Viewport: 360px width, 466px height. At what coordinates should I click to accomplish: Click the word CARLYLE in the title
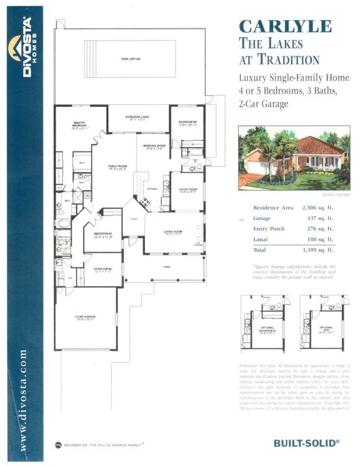[285, 27]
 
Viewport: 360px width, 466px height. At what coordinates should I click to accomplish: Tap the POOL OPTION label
[130, 59]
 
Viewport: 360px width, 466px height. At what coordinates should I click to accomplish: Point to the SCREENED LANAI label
[139, 117]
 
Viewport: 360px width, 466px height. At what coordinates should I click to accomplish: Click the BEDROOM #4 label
[188, 124]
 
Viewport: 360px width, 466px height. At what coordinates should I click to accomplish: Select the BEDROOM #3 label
[103, 234]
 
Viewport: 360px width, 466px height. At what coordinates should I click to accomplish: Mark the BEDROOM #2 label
[102, 269]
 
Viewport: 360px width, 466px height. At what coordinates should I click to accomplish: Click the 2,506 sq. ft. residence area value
[318, 208]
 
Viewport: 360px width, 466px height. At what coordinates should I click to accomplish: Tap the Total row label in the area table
[260, 249]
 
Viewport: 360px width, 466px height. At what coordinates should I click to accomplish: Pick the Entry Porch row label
[267, 228]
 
